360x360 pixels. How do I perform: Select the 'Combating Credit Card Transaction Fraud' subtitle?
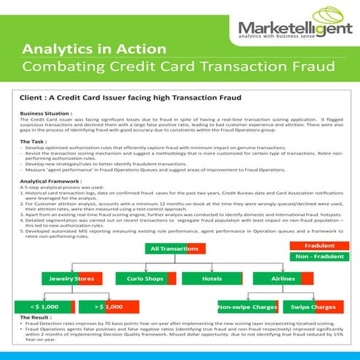(x=178, y=66)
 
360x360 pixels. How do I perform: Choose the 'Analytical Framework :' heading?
(x=50, y=180)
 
